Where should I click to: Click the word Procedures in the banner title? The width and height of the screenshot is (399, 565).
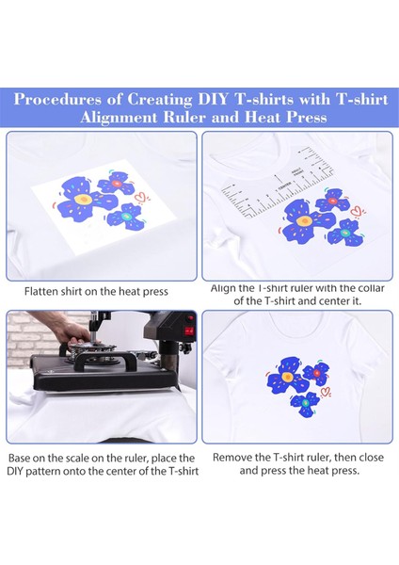57,99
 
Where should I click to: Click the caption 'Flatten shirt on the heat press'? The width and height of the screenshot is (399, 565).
96,291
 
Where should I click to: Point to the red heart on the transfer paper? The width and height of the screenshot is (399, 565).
140,197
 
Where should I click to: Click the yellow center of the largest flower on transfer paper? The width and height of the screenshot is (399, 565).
83,199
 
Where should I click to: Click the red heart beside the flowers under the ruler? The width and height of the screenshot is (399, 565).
357,211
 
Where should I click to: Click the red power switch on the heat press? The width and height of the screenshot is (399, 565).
190,331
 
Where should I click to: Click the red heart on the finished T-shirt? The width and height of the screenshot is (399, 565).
326,392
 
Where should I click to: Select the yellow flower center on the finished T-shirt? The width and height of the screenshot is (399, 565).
287,377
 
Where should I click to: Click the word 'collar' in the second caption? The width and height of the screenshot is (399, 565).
372,288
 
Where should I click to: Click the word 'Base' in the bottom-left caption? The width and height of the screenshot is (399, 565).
19,458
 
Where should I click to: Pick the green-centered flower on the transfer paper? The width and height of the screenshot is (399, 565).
126,217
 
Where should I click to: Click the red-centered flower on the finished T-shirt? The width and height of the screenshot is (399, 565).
316,374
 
